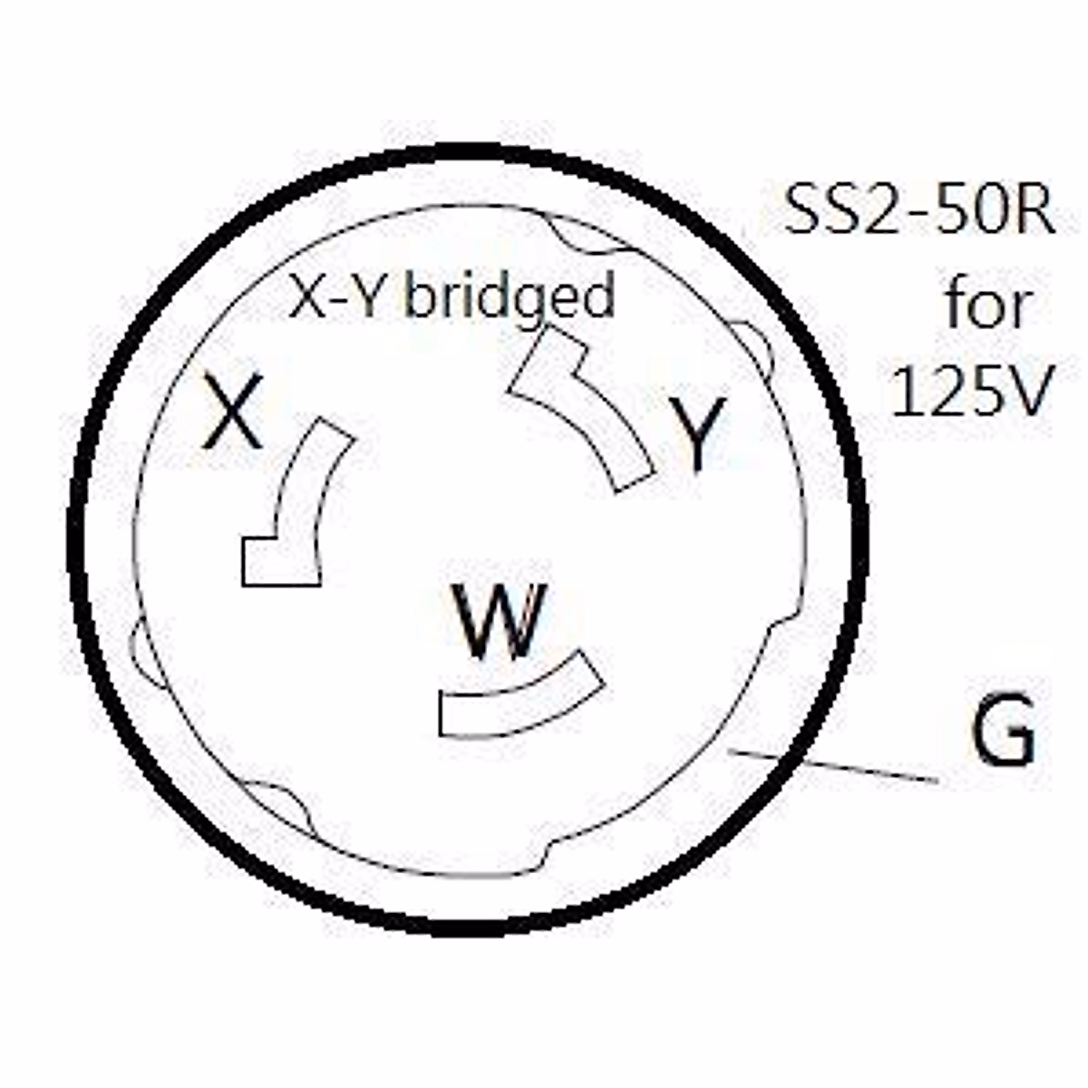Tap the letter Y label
[696, 433]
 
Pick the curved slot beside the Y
[589, 408]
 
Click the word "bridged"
[510, 297]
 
